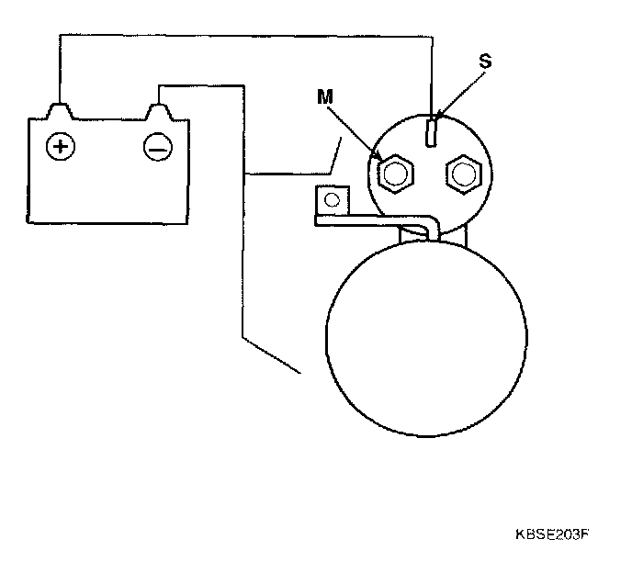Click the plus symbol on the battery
pos(62,146)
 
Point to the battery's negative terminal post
pos(159,111)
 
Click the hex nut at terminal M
pos(396,172)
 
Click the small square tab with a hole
pos(330,198)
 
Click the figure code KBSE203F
pos(550,534)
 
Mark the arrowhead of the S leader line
pos(437,118)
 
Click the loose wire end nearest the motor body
pos(300,373)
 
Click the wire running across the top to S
pos(248,35)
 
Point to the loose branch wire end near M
pos(342,138)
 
